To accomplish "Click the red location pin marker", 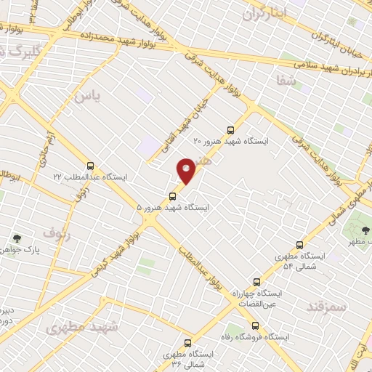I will pyautogui.click(x=187, y=169).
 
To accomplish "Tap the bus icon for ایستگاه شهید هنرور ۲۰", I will pyautogui.click(x=231, y=130).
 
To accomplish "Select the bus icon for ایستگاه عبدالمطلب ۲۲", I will pyautogui.click(x=90, y=165).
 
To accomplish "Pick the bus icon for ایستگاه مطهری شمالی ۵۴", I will pyautogui.click(x=299, y=246).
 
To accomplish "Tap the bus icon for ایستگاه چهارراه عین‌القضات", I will pyautogui.click(x=256, y=282).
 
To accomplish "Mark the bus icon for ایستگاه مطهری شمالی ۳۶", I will pyautogui.click(x=188, y=343).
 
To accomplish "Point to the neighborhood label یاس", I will pyautogui.click(x=86, y=94).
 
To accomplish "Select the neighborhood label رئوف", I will pyautogui.click(x=57, y=232).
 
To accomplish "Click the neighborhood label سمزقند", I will pyautogui.click(x=326, y=306).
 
